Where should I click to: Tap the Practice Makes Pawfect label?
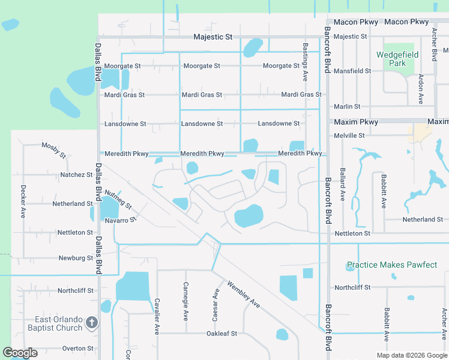pyautogui.click(x=392, y=265)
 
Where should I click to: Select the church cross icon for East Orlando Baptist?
pyautogui.click(x=91, y=323)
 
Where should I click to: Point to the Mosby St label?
pyautogui.click(x=53, y=149)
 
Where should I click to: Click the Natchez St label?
pyautogui.click(x=76, y=175)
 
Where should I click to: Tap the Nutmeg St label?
pyautogui.click(x=118, y=200)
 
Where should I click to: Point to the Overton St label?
pyautogui.click(x=77, y=348)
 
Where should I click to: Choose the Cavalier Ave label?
pyautogui.click(x=156, y=316)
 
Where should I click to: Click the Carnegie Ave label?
pyautogui.click(x=186, y=298)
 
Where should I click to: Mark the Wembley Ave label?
pyautogui.click(x=244, y=294)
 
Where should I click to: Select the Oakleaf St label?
pyautogui.click(x=222, y=334)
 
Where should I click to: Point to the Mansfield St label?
pyautogui.click(x=352, y=71)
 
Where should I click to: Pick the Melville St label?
pyautogui.click(x=349, y=136)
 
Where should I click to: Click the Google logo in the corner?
pyautogui.click(x=20, y=353)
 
